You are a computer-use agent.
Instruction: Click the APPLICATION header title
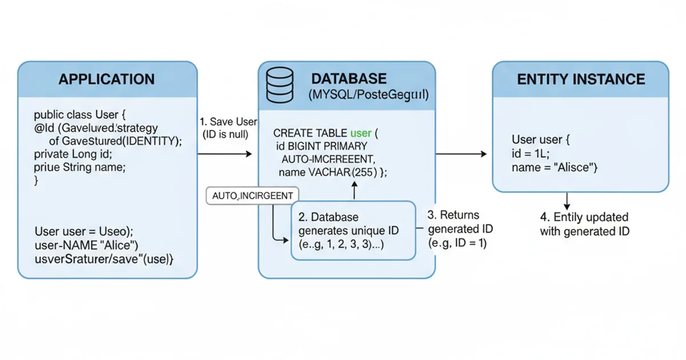(x=106, y=79)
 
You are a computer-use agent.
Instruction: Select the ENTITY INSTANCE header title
(x=581, y=79)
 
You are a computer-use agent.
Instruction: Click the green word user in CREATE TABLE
(x=361, y=133)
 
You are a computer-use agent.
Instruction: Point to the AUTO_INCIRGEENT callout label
(x=252, y=196)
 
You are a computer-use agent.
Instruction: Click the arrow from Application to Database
(x=225, y=154)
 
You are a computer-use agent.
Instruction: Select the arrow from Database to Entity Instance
(x=461, y=154)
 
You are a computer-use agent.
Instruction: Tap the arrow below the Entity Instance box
(x=567, y=201)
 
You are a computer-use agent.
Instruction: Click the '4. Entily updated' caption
(x=584, y=218)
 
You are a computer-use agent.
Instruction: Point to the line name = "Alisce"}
(x=555, y=167)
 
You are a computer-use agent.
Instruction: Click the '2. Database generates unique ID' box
(x=353, y=230)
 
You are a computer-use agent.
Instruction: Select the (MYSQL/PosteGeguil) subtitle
(x=368, y=95)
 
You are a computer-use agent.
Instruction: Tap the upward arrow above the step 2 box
(x=354, y=190)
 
